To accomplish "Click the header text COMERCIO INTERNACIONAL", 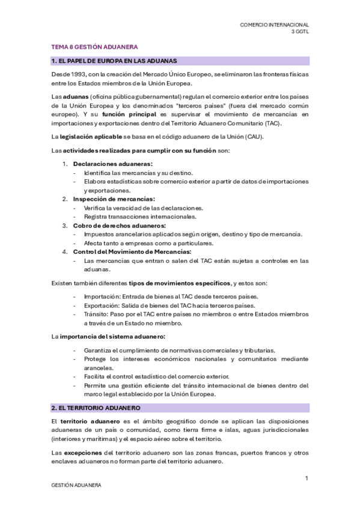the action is (x=274, y=25).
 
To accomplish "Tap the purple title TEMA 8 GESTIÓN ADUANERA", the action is (x=94, y=46).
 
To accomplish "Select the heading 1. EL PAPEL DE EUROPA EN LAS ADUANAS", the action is (x=114, y=61).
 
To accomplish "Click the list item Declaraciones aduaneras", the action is (x=112, y=164).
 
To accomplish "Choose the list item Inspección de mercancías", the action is (x=114, y=198).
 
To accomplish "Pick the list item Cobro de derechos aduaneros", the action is (x=119, y=225).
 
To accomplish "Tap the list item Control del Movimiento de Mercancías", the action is (x=132, y=251).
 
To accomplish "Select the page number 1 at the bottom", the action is (x=307, y=478).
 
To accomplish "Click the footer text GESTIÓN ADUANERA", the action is (x=76, y=485).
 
